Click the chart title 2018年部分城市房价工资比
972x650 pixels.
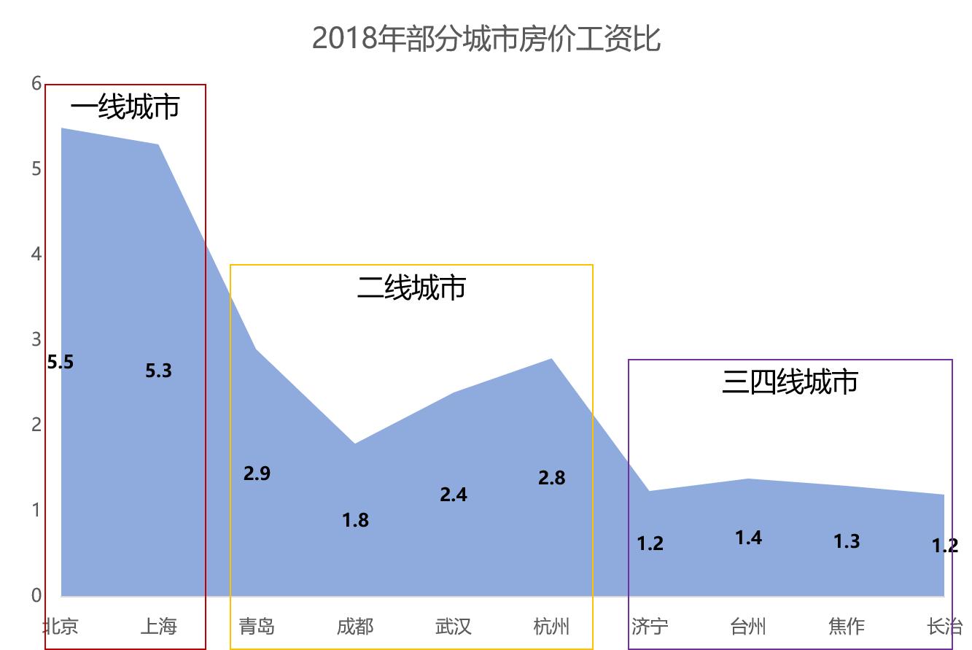[486, 39]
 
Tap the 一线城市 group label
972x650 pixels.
[125, 108]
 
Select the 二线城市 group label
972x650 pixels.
[411, 288]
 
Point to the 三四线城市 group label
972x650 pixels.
[790, 382]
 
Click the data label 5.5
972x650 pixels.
[61, 362]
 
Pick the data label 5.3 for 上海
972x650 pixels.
[158, 371]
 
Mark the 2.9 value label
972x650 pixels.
[257, 473]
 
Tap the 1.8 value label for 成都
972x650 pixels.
[355, 520]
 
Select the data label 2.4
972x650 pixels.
[453, 495]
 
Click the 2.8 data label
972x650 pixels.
[551, 478]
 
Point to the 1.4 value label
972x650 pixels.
[748, 538]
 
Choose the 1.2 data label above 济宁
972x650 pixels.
[650, 543]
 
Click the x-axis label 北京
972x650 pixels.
[61, 626]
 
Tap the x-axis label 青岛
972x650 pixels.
[257, 626]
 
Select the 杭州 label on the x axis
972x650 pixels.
[551, 626]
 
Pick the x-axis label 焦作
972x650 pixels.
[847, 626]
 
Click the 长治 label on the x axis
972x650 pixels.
[944, 626]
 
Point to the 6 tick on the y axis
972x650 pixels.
[36, 83]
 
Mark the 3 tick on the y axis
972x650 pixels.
[36, 339]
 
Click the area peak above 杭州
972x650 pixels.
[551, 359]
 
